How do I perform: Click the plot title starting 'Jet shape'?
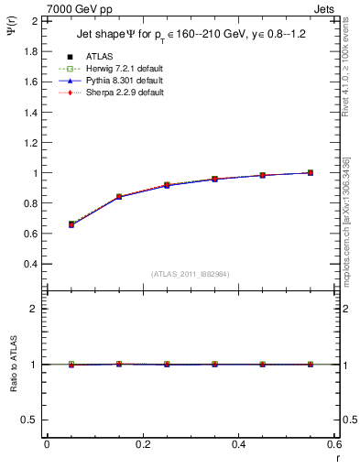pos(191,36)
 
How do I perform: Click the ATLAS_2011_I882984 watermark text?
pos(190,275)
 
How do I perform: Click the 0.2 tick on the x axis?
pos(142,444)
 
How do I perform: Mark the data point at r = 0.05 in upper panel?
pos(71,224)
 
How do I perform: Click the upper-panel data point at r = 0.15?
pos(118,197)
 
